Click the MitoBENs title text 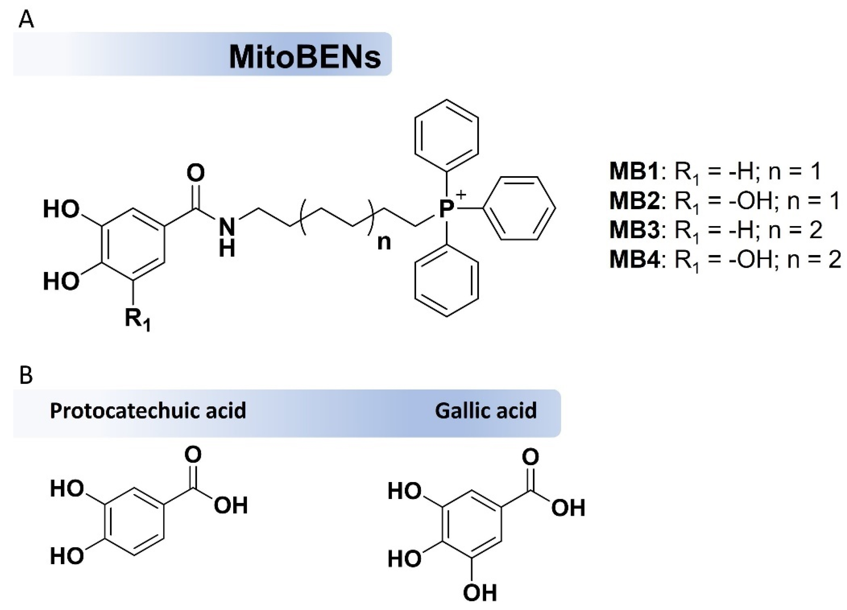[304, 57]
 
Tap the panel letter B [26, 375]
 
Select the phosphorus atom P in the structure [446, 210]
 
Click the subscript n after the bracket [384, 242]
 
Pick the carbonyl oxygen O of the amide [195, 173]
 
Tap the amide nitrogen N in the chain [227, 226]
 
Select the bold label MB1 [633, 171]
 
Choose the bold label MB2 [633, 201]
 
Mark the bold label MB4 [633, 259]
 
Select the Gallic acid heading [486, 411]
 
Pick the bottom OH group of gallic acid [480, 593]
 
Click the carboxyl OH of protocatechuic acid [231, 505]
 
